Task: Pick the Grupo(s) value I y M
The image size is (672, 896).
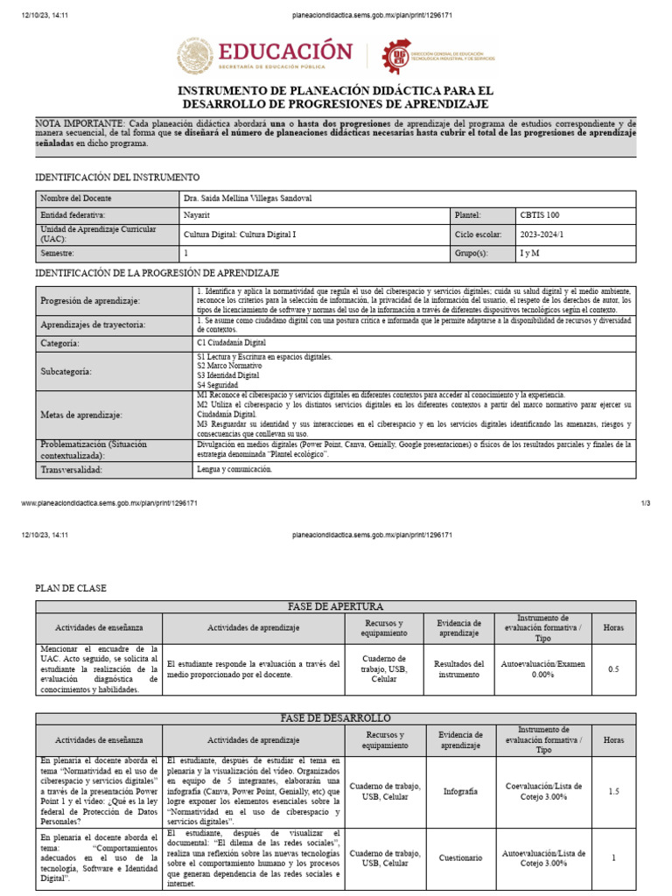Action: (530, 254)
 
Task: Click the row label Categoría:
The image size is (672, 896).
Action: (60, 344)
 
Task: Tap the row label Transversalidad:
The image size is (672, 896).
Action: (72, 470)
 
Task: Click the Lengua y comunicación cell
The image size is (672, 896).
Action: (234, 470)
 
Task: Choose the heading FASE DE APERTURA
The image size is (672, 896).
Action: (336, 606)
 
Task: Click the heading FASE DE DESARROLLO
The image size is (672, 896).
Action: (336, 718)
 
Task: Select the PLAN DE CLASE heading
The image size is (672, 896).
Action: (70, 589)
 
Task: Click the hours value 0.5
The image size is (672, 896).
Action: (613, 669)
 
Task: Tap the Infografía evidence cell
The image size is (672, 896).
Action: (459, 791)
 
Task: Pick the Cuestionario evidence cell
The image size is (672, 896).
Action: (459, 858)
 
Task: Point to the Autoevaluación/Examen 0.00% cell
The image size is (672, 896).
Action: (543, 669)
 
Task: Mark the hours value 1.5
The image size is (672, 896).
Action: (613, 791)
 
